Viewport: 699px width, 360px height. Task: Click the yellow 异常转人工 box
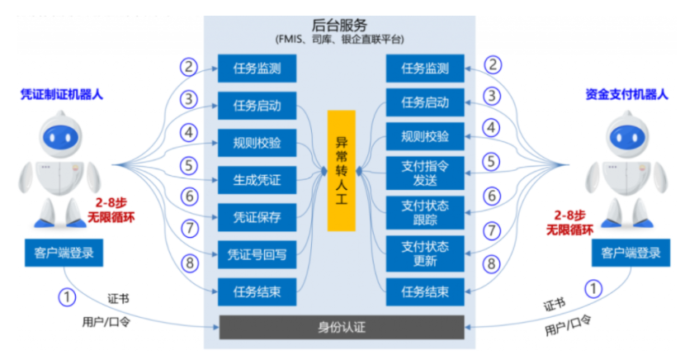coord(341,170)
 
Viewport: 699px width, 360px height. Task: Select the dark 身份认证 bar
coord(342,327)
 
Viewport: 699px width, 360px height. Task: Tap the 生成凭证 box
coord(257,178)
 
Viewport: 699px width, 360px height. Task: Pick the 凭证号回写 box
coord(257,254)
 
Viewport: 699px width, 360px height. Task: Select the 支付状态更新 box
coord(425,253)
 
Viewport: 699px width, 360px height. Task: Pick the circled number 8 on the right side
coord(492,264)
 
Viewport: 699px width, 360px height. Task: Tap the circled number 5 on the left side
coord(190,164)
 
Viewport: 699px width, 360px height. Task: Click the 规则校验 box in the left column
coord(257,142)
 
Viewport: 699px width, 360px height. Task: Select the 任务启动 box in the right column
coord(425,102)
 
